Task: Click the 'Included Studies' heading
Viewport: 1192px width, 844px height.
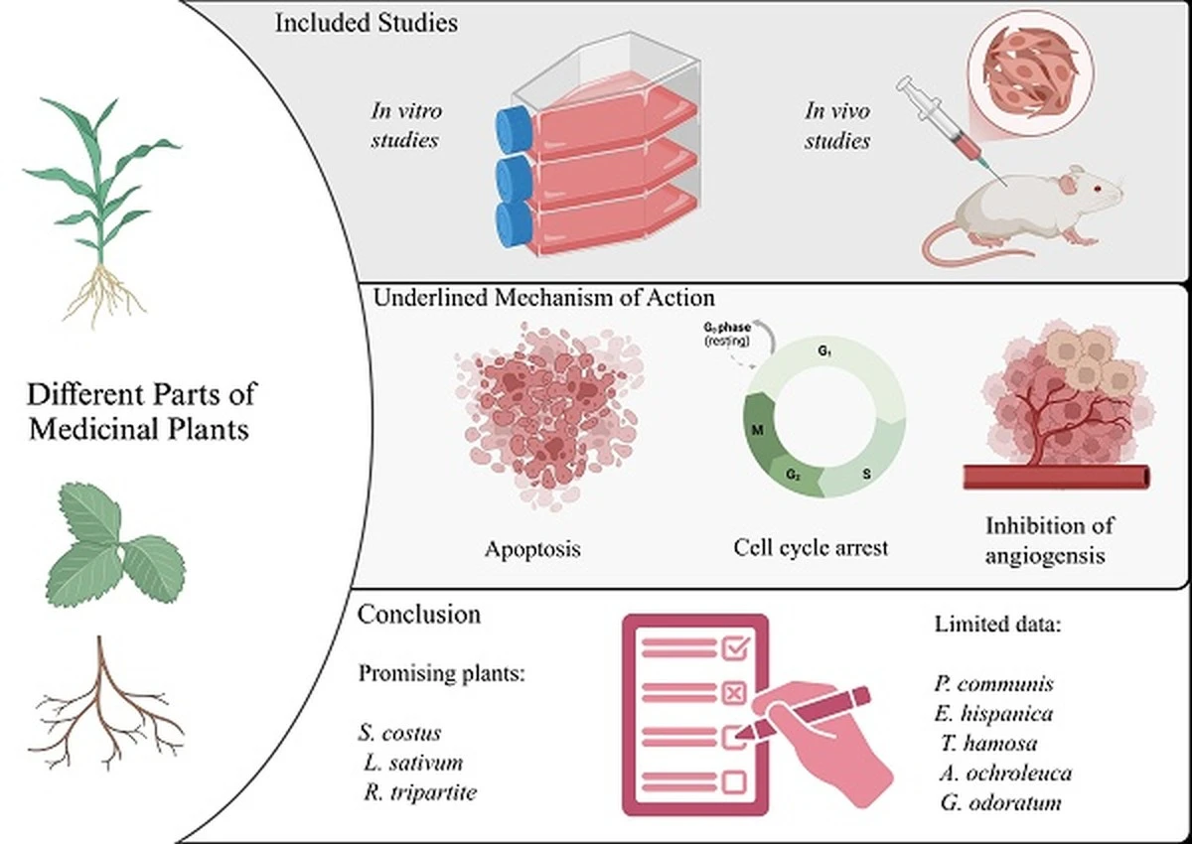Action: [x=366, y=22]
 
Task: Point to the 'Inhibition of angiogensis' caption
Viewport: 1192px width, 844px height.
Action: [x=1043, y=539]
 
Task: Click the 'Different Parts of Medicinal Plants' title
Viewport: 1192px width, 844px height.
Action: [x=140, y=411]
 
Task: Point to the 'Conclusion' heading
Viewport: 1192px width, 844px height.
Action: [x=418, y=615]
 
